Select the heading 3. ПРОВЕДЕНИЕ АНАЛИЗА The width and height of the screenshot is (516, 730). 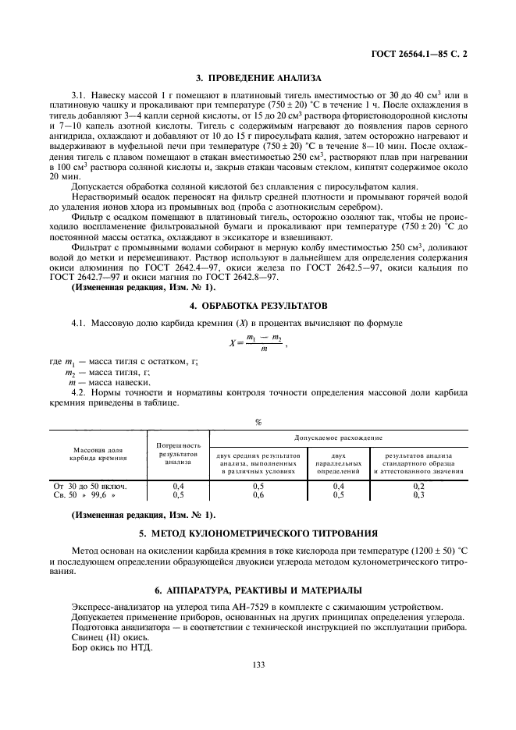pos(258,78)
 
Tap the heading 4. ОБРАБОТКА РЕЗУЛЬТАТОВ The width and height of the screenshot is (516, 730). pos(258,305)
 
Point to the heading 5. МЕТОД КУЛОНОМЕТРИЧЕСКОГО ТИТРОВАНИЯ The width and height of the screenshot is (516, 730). pos(258,534)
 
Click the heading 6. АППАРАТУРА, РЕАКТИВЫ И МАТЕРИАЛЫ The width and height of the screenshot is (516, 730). pos(258,590)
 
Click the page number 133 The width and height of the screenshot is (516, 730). pos(258,664)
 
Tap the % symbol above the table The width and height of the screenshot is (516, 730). pos(258,422)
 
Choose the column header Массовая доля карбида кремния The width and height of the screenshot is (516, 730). pos(98,454)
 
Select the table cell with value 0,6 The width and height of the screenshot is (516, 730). pos(258,494)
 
